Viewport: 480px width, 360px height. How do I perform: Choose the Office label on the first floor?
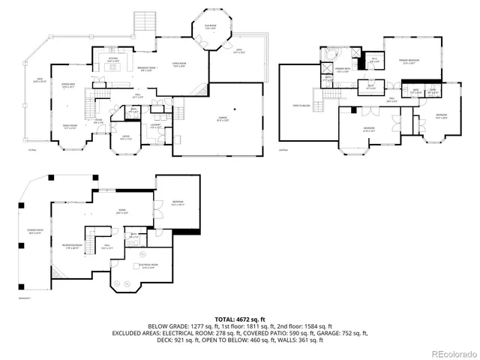[125, 137]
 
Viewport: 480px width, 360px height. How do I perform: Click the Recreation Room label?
[72, 247]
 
